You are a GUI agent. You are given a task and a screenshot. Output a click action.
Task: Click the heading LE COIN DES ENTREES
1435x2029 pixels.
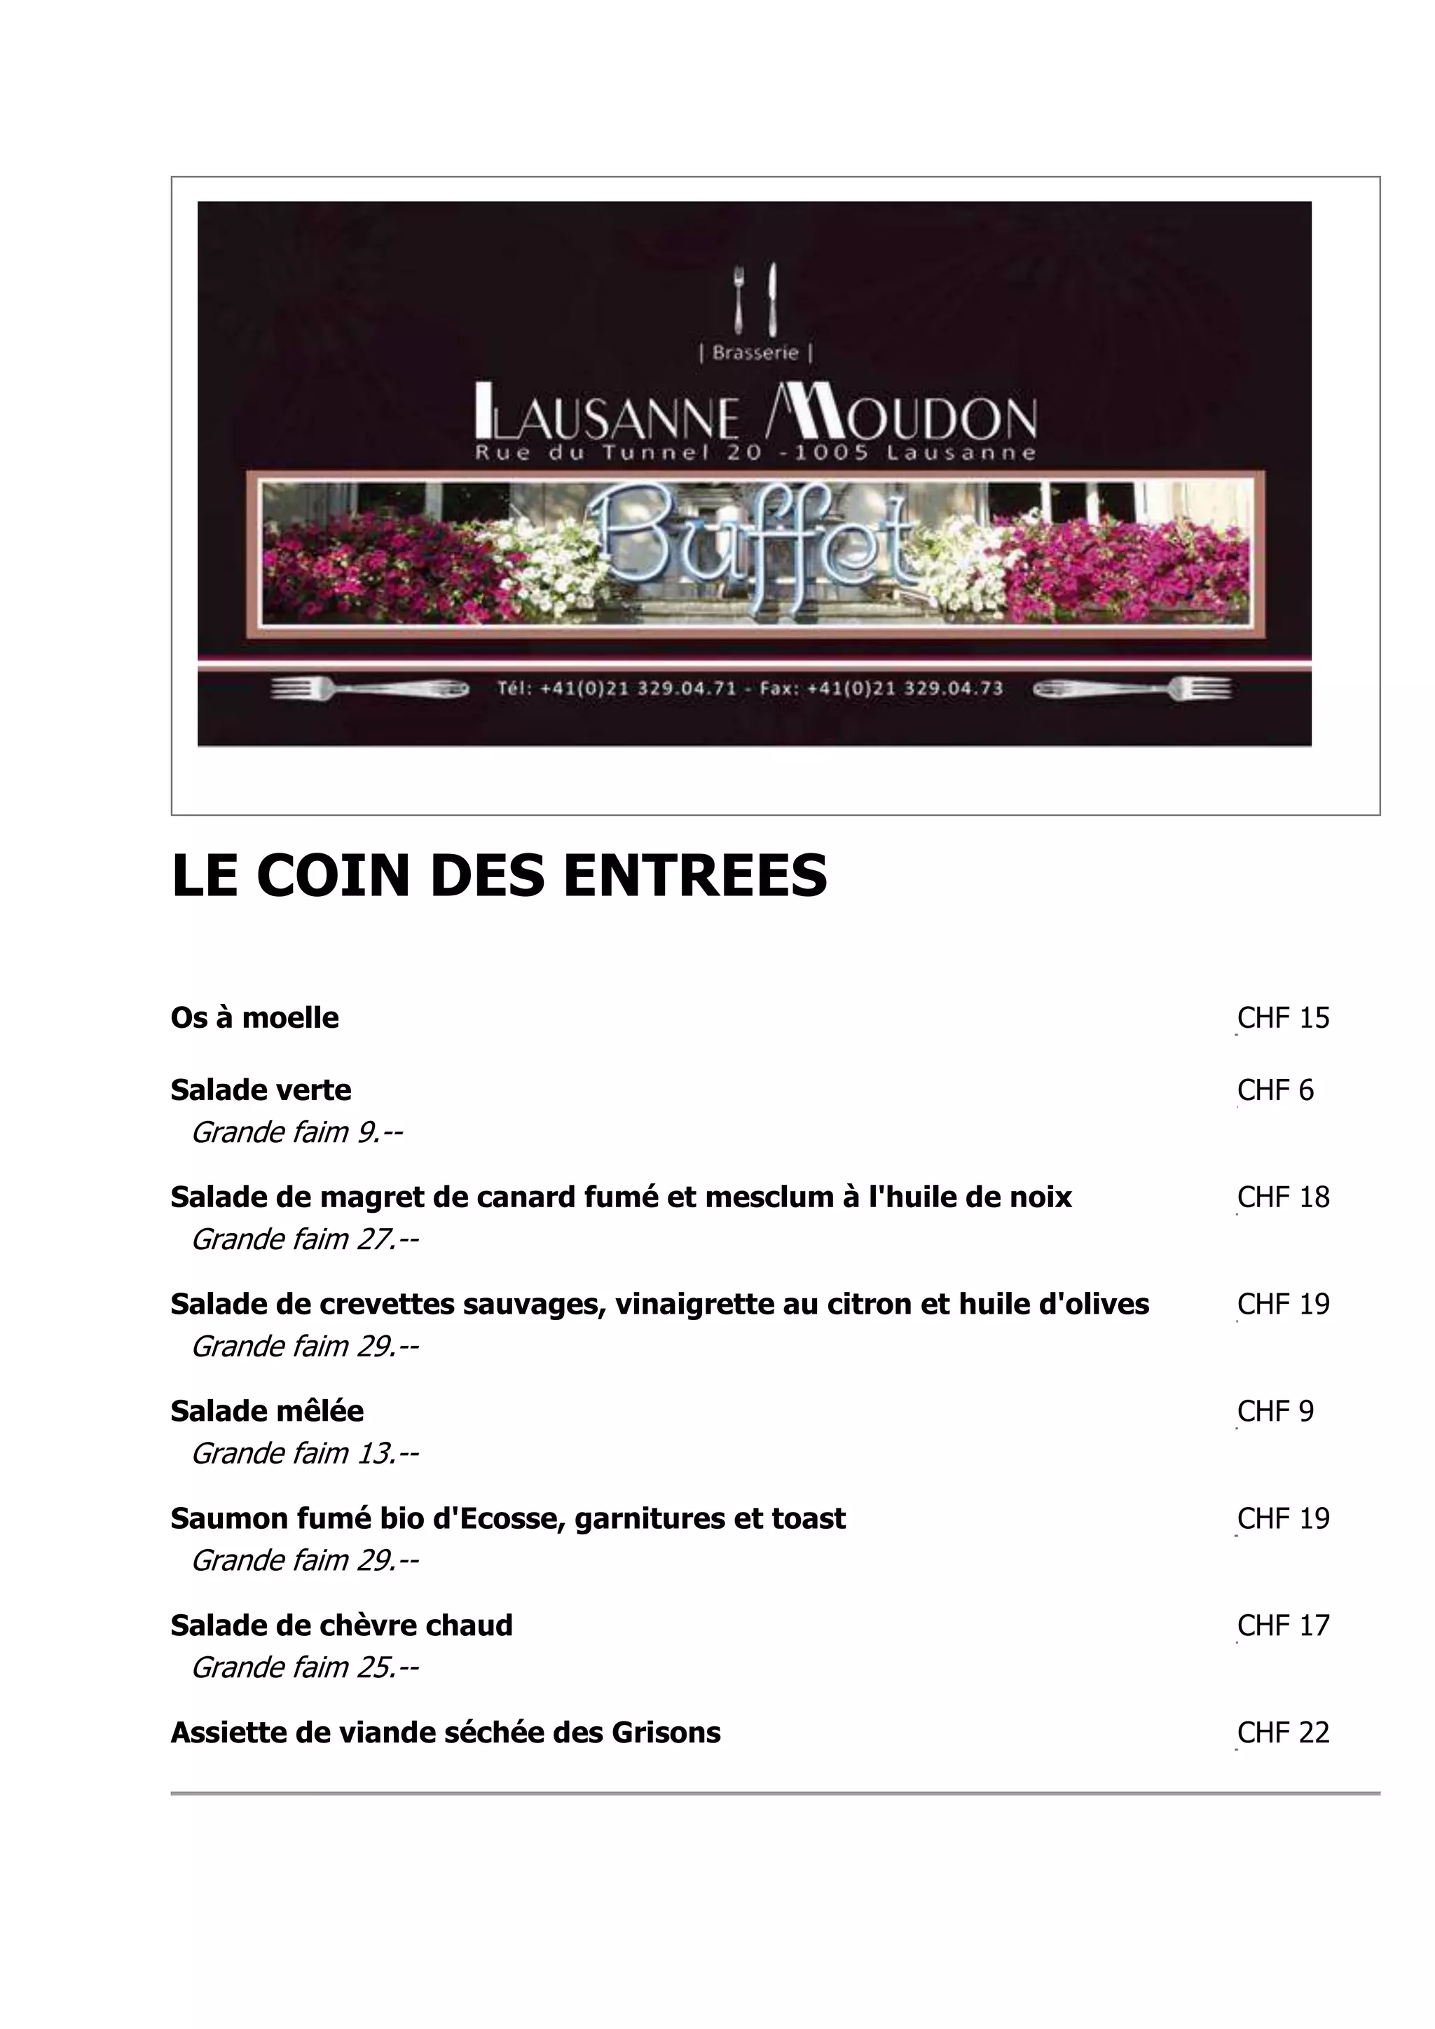point(500,876)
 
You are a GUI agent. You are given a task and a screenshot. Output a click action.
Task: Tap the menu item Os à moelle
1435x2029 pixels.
point(254,1018)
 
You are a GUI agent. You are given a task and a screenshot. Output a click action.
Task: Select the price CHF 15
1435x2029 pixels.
point(1283,1018)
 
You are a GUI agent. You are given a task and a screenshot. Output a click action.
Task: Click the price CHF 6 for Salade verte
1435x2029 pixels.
point(1275,1090)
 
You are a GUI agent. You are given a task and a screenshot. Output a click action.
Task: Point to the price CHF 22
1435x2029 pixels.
point(1283,1733)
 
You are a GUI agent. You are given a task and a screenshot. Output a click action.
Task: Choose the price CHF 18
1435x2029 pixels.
point(1283,1197)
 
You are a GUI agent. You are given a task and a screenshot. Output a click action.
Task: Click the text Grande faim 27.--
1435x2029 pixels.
point(305,1240)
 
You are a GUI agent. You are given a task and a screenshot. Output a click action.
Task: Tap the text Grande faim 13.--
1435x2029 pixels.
point(305,1454)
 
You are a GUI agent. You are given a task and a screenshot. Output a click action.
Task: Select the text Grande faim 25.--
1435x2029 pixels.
point(305,1667)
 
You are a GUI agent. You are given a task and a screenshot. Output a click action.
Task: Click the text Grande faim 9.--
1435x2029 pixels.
point(297,1133)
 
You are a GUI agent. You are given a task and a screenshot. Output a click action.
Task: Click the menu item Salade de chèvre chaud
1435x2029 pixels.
point(341,1625)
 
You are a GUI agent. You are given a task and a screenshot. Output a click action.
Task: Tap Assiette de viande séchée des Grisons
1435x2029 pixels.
point(446,1733)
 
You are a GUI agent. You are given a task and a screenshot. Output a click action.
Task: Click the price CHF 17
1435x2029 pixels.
point(1283,1625)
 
